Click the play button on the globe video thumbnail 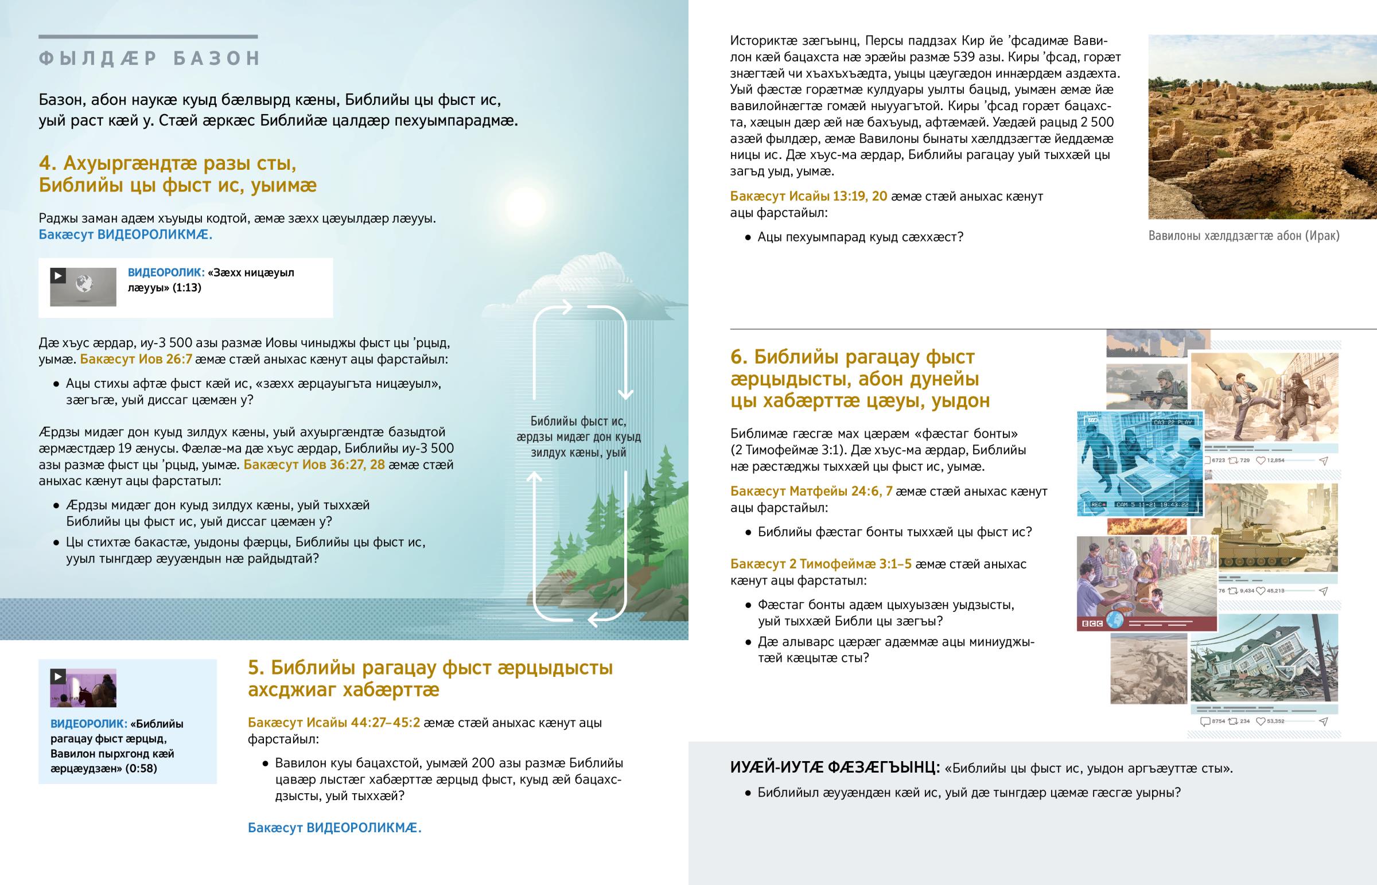click(x=58, y=276)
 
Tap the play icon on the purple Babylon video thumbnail click(x=58, y=676)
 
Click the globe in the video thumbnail click(x=84, y=283)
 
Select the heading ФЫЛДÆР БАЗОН click(x=149, y=59)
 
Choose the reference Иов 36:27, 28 click(x=314, y=465)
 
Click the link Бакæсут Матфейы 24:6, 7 click(x=811, y=491)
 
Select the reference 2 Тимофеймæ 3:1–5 click(x=820, y=564)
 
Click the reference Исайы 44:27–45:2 click(x=334, y=722)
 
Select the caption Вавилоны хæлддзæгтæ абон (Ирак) click(x=1244, y=236)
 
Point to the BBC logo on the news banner click(x=1092, y=623)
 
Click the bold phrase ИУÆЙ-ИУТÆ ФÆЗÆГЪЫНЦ click(x=834, y=768)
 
